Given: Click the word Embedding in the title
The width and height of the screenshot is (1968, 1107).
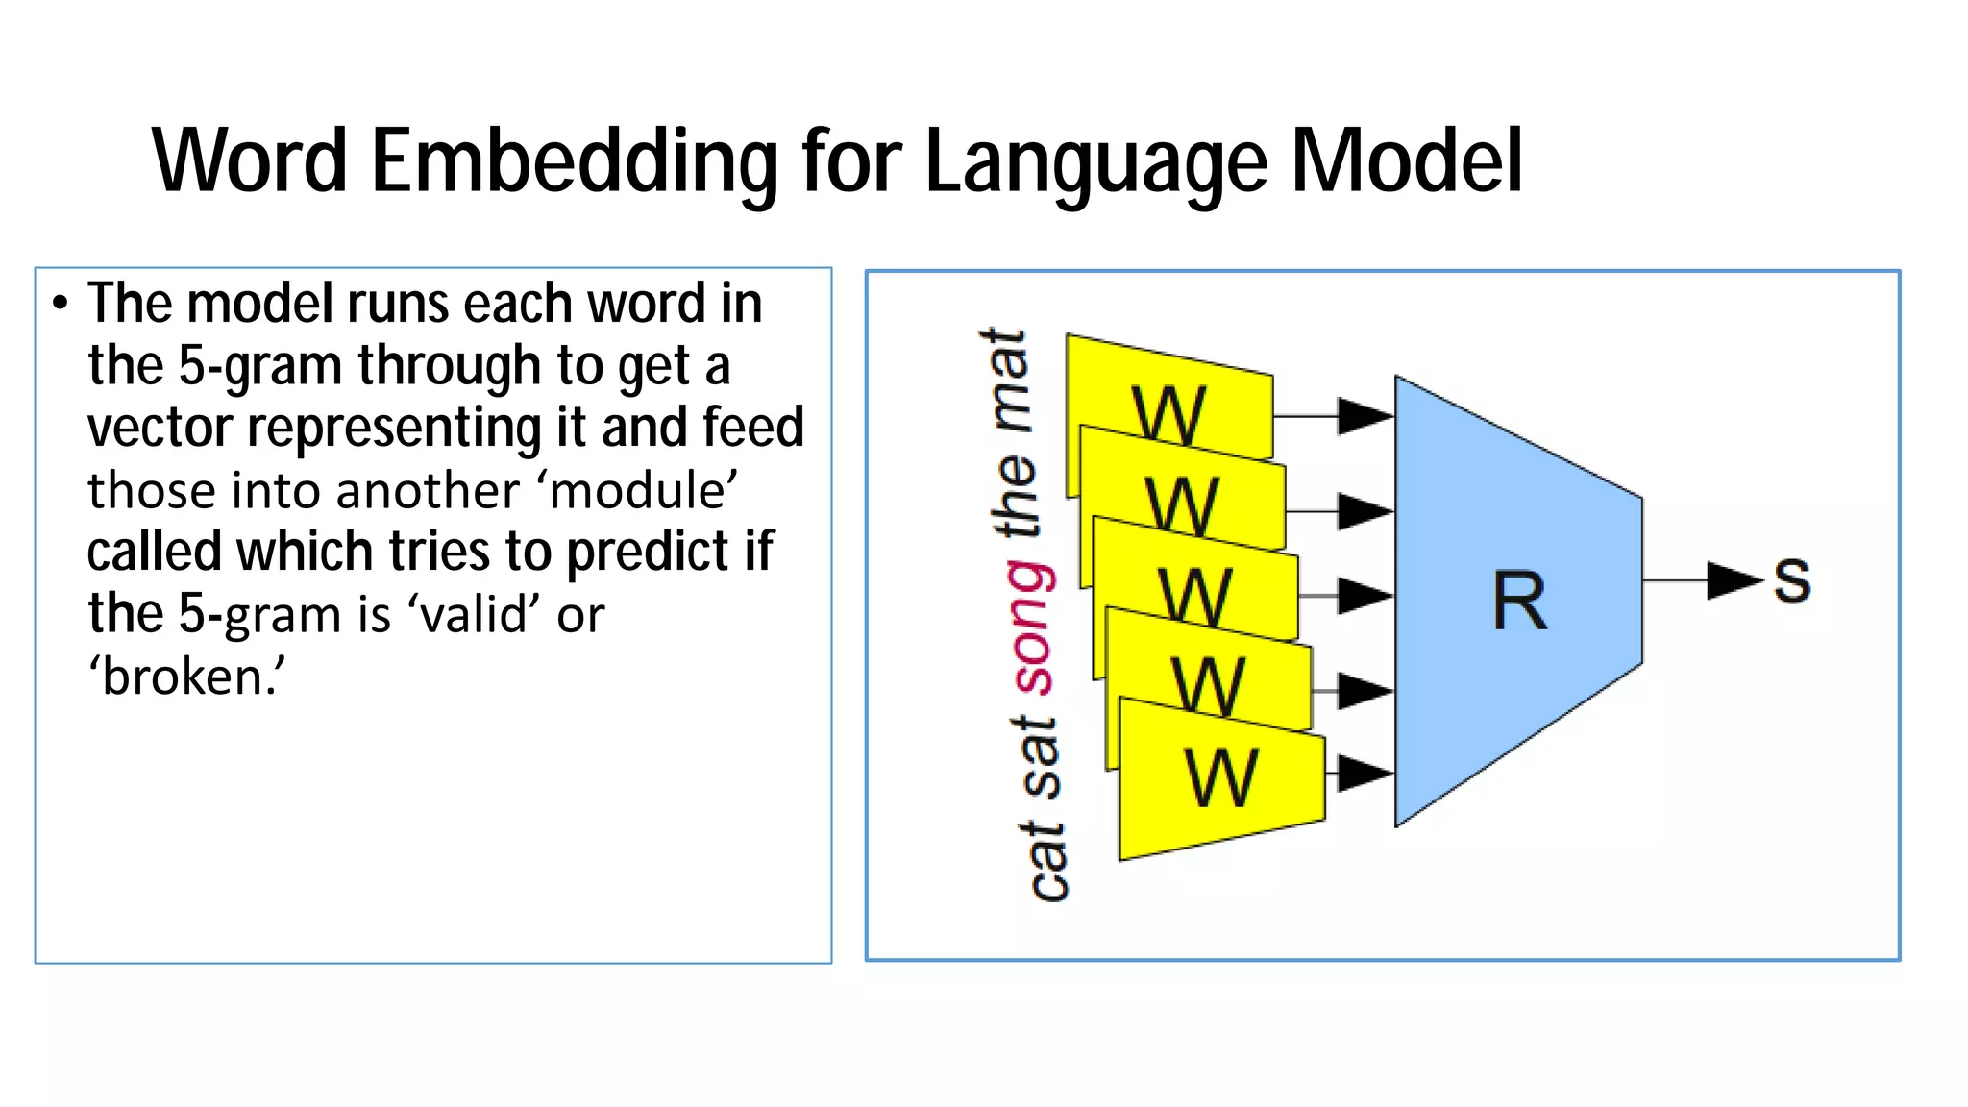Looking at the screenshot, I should tap(574, 161).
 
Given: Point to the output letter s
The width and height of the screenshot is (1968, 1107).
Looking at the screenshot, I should tap(1792, 580).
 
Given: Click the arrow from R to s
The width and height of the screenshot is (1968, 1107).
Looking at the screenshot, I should tap(1701, 580).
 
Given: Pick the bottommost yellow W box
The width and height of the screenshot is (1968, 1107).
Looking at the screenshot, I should tap(1220, 778).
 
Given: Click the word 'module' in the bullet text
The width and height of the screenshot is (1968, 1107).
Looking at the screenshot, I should tap(641, 491).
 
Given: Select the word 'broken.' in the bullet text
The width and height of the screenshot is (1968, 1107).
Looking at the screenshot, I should tap(186, 676).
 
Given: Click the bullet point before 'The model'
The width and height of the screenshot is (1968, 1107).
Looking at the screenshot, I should tap(61, 305).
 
